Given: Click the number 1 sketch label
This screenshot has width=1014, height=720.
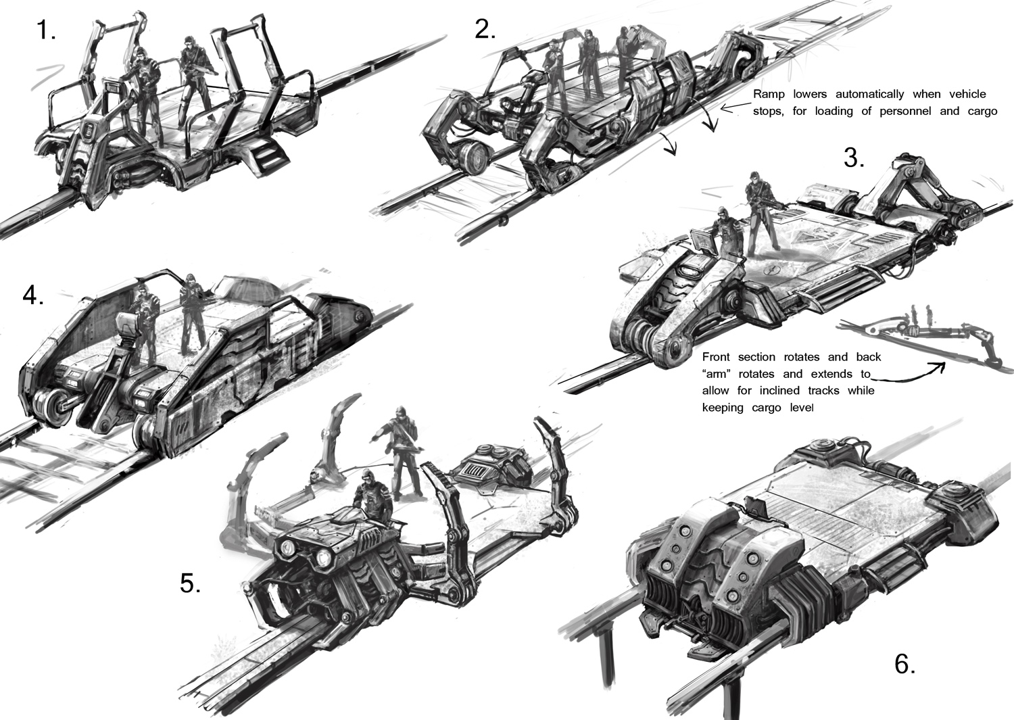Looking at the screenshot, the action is pos(46,31).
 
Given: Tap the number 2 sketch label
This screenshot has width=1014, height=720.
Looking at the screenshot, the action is pos(485,30).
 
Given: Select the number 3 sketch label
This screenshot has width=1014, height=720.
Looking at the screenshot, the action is pos(854,158).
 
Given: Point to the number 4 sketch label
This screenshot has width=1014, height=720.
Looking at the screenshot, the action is pos(33,296).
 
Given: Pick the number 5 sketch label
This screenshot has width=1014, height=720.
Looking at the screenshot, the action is pos(190,583).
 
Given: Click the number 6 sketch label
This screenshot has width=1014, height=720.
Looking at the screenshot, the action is pos(905,665).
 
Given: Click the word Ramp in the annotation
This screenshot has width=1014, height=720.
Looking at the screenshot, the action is pos(767,94).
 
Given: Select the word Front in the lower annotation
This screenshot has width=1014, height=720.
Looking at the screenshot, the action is pos(716,357).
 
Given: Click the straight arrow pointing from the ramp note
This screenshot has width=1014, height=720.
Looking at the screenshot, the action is pos(735,107).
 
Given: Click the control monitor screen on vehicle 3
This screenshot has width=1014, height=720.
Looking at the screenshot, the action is pos(703,239).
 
